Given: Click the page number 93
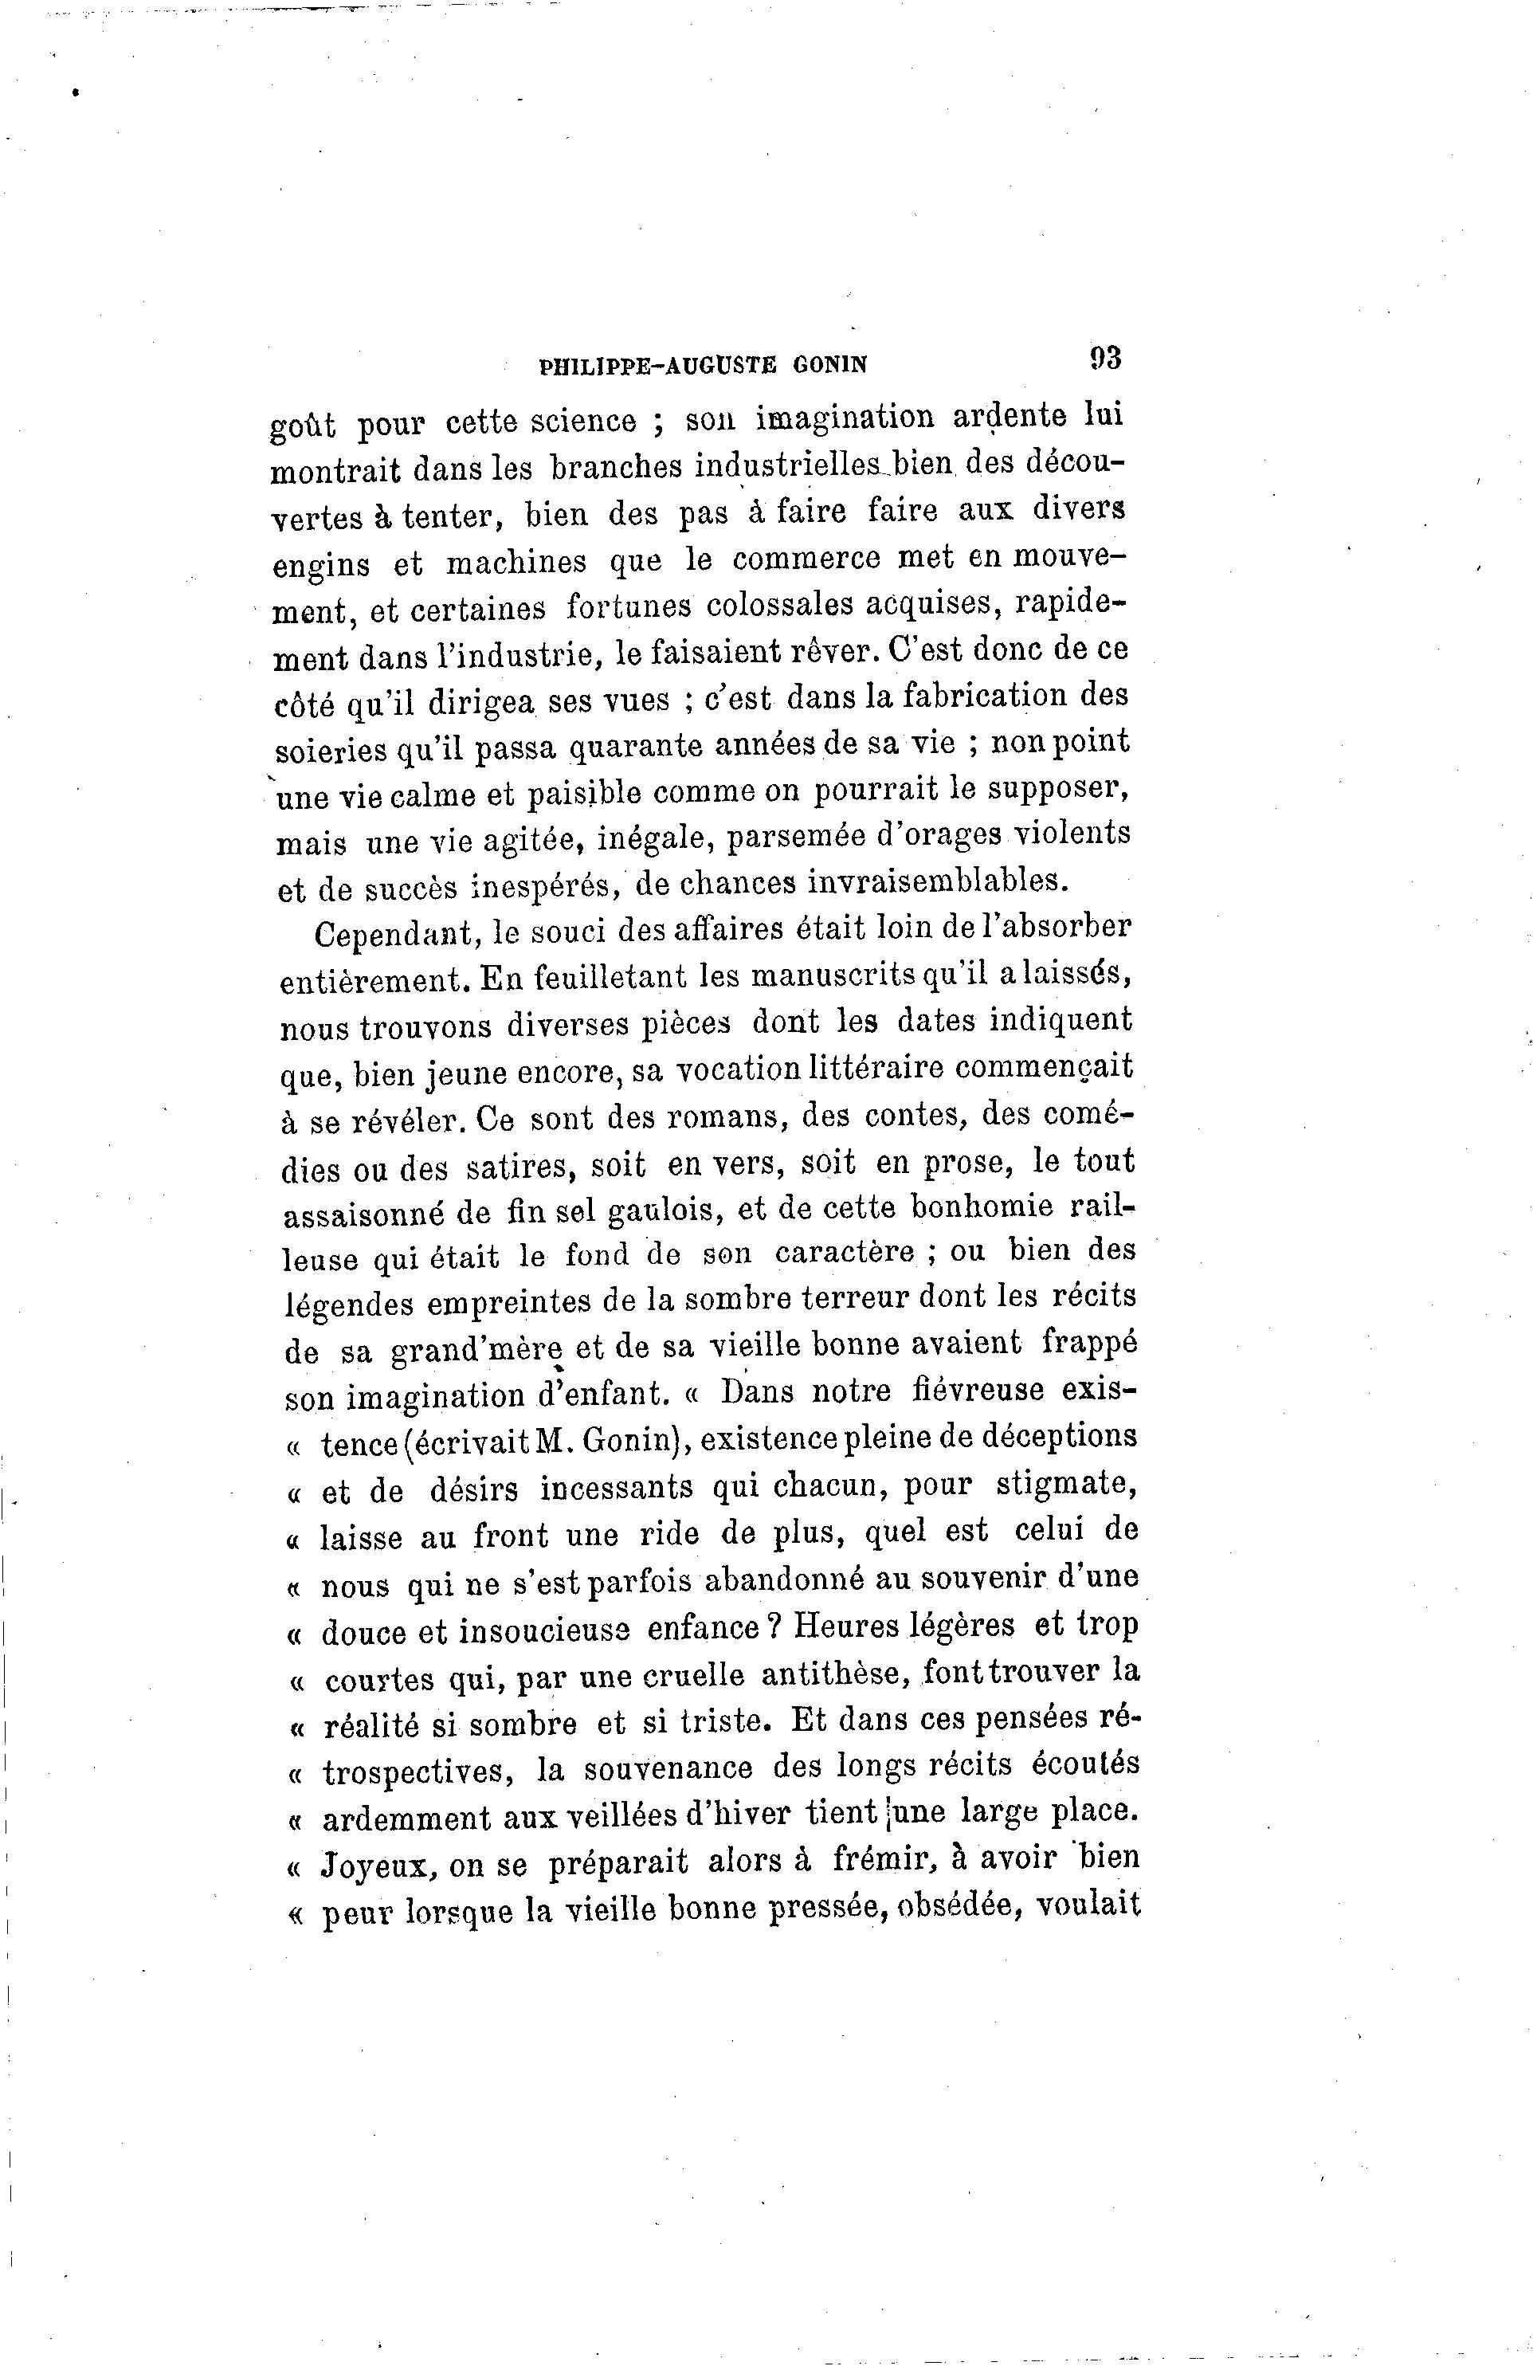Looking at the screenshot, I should [x=1104, y=358].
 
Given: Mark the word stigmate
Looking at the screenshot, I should [x=1067, y=1487].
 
